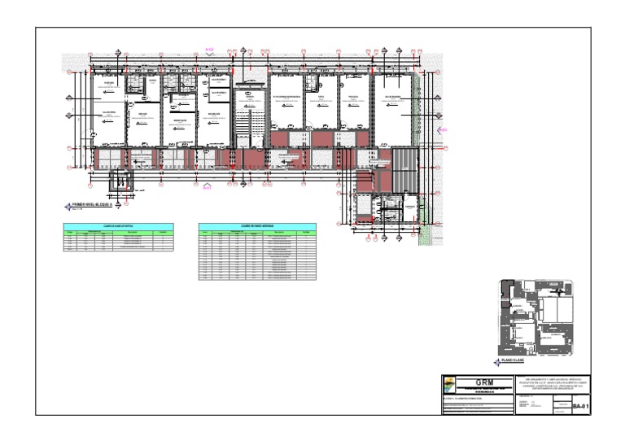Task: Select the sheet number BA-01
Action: tap(579, 405)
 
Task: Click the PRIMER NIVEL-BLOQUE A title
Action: tap(97, 203)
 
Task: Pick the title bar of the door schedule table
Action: tap(118, 225)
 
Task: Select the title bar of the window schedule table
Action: tap(256, 225)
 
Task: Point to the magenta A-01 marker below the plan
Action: tap(207, 188)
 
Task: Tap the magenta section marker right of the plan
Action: tap(443, 129)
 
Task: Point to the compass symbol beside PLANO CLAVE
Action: tap(497, 362)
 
